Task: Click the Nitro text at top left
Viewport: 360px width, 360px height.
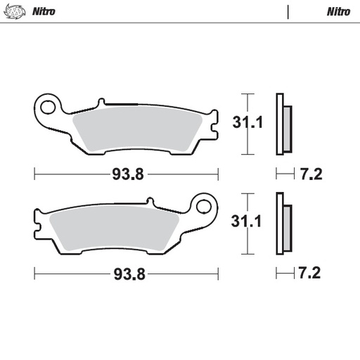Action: click(44, 12)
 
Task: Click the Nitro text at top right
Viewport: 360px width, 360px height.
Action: click(338, 12)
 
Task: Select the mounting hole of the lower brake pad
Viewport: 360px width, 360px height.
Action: click(204, 206)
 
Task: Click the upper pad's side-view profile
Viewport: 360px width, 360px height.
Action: click(281, 124)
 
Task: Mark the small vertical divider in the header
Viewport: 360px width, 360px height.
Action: click(288, 12)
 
